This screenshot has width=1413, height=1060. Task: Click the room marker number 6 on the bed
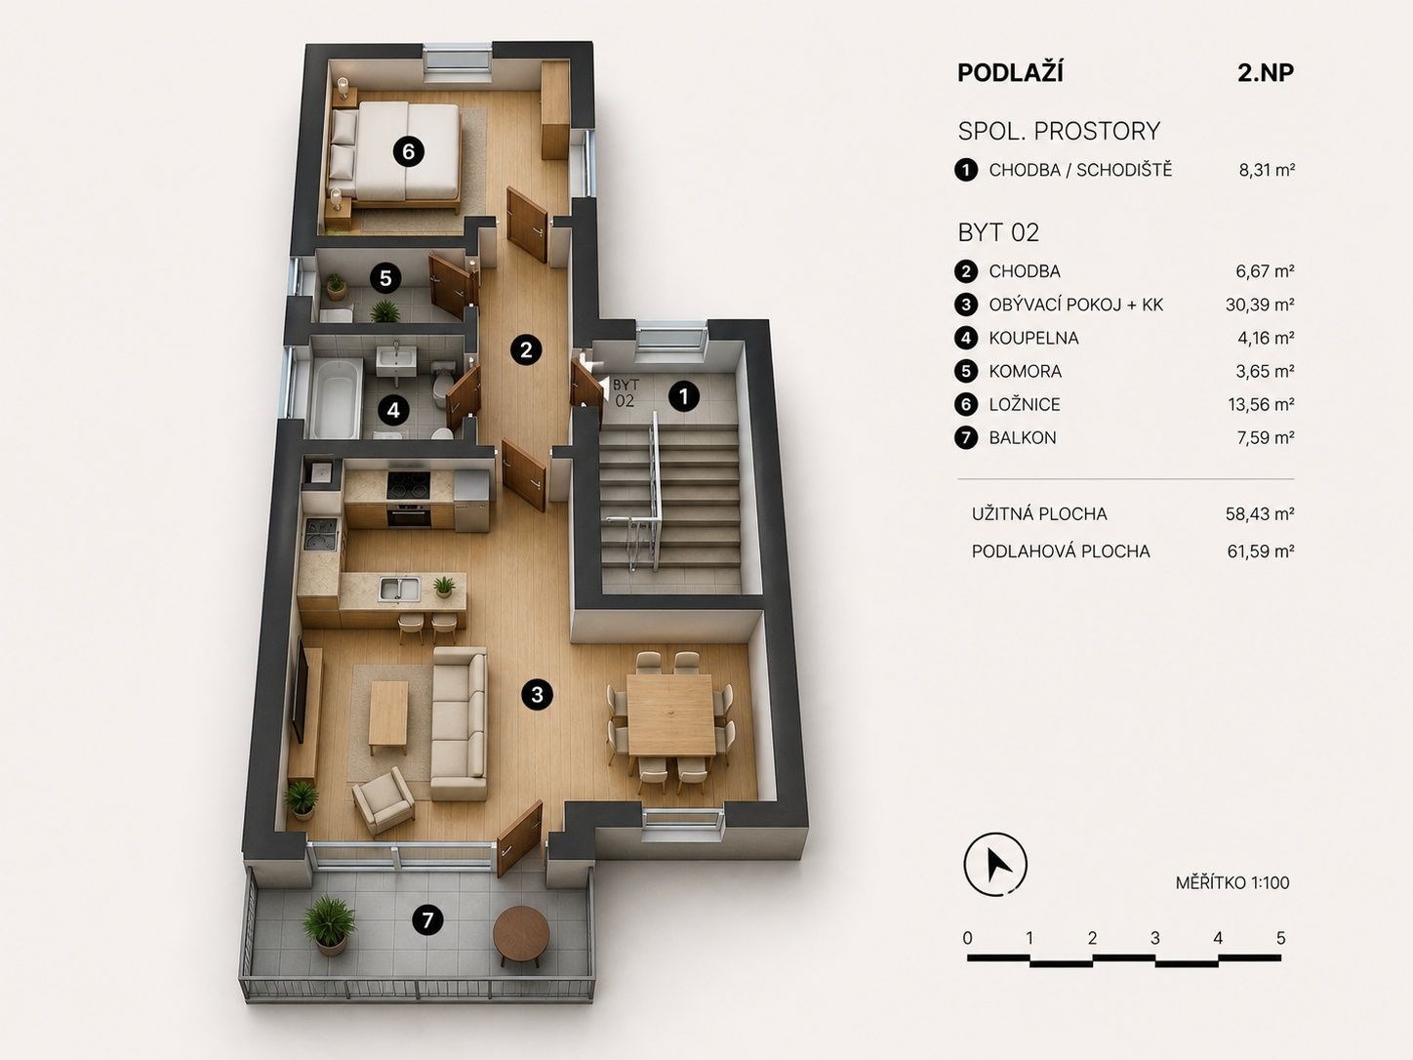click(408, 152)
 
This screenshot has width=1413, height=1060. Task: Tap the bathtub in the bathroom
click(336, 397)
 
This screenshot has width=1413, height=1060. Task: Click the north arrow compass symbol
click(995, 865)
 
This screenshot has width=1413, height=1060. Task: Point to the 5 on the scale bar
click(1280, 938)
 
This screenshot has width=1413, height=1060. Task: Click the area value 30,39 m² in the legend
click(1260, 305)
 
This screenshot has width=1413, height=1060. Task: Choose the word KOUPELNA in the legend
click(1033, 338)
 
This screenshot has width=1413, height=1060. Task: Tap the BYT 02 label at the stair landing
click(626, 392)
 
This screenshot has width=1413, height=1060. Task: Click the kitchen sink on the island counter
click(399, 589)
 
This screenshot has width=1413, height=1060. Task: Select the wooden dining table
click(670, 714)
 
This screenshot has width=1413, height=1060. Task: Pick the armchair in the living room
click(384, 800)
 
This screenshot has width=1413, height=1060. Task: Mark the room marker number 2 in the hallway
click(526, 350)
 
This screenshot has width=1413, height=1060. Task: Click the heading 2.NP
click(1265, 73)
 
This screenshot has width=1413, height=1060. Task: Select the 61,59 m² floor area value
click(1261, 551)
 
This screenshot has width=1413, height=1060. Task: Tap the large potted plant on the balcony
click(329, 925)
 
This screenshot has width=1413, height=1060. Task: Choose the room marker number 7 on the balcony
click(427, 920)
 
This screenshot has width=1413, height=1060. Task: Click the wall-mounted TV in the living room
click(301, 692)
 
